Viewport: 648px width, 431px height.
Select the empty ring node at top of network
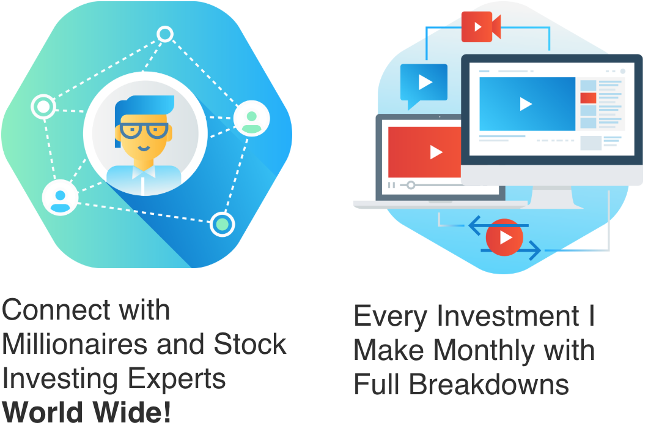[x=165, y=34]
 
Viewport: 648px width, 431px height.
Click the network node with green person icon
[x=252, y=119]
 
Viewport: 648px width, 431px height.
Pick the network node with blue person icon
[x=61, y=198]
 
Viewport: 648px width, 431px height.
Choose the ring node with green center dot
[x=223, y=225]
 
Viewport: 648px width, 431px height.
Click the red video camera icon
[x=481, y=27]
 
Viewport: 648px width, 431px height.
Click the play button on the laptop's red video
[x=436, y=152]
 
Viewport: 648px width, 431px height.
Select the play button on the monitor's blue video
[x=525, y=104]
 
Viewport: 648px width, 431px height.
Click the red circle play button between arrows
[x=504, y=238]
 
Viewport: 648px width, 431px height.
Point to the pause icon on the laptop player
[x=391, y=185]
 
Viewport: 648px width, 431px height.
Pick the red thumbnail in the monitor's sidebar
[x=588, y=98]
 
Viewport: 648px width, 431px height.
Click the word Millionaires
[x=75, y=344]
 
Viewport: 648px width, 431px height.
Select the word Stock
[x=250, y=344]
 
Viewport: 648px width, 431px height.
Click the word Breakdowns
[x=489, y=384]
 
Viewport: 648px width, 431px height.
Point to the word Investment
[x=508, y=316]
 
